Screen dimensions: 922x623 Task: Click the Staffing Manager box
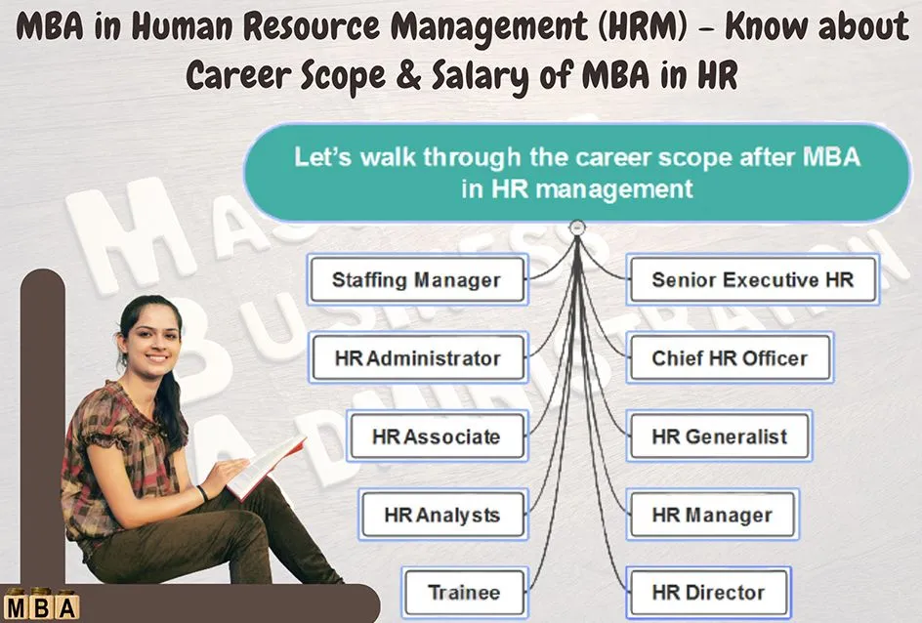pos(417,279)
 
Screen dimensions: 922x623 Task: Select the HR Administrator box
pos(418,357)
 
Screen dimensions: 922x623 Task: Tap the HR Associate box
pos(437,436)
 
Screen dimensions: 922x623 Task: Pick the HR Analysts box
pos(442,515)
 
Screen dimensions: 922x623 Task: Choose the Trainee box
pos(465,592)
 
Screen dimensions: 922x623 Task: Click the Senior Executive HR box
pos(753,279)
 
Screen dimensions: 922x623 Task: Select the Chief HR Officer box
pos(730,357)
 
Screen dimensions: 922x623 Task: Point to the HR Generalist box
pos(719,436)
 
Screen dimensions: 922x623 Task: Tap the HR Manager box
pos(712,515)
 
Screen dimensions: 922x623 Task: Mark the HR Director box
pos(708,592)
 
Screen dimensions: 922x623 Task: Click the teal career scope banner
pos(577,173)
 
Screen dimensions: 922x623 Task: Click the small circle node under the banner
pos(577,228)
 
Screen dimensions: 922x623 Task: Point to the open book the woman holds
pos(267,466)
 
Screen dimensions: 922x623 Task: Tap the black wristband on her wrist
pos(202,492)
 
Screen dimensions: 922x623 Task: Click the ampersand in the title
pos(408,75)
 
